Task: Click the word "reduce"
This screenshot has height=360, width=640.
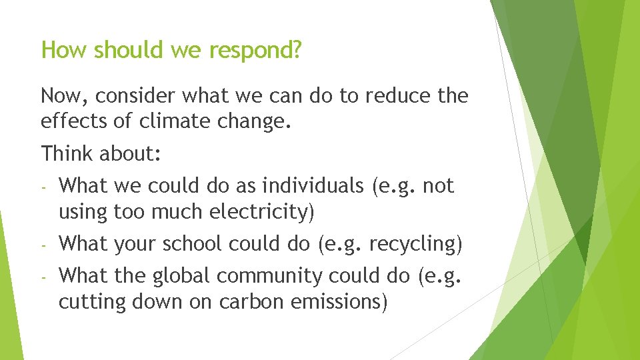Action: [x=396, y=97]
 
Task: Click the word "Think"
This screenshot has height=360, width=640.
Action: [x=67, y=153]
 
